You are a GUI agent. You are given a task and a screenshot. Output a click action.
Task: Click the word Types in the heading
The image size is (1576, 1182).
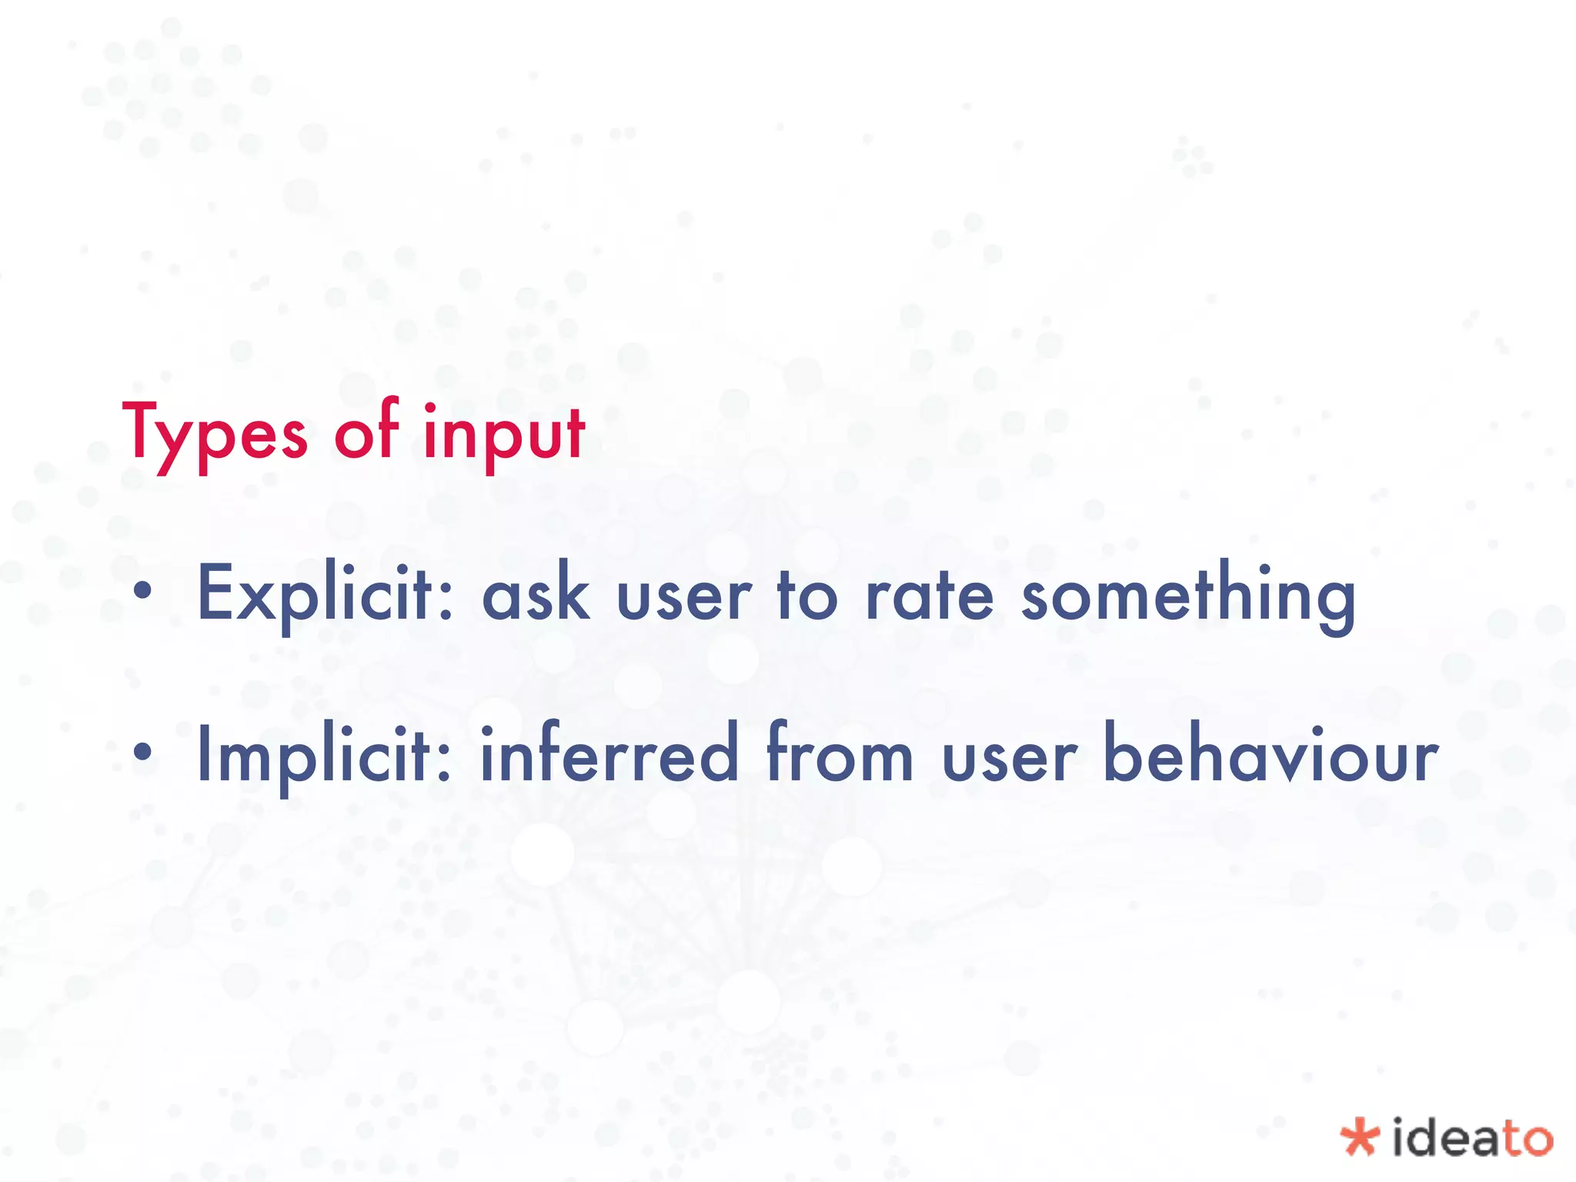[x=215, y=436]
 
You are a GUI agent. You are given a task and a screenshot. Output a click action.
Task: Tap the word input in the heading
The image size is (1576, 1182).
[x=504, y=436]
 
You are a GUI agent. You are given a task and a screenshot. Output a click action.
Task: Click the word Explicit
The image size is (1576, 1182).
[x=316, y=595]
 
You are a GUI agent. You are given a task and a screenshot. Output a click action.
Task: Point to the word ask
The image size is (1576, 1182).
[x=536, y=595]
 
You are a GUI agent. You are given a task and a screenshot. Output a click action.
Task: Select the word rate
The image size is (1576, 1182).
[x=930, y=595]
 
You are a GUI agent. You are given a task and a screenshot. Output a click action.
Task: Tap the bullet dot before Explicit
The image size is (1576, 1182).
[x=142, y=592]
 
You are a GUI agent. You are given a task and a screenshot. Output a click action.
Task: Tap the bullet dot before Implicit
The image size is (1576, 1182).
[x=142, y=753]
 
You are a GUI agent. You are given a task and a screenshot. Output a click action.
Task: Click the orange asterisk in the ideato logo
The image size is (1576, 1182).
[x=1359, y=1137]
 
